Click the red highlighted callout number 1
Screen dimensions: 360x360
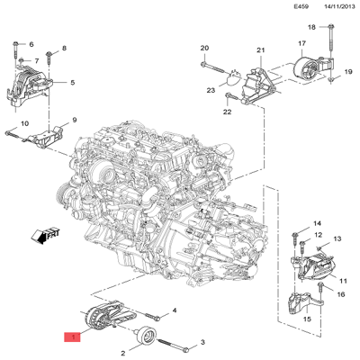70,337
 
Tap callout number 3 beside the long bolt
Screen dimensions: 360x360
203,342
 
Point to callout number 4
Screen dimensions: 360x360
175,310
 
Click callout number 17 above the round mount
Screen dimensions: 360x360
301,43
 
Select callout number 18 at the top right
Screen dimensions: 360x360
311,28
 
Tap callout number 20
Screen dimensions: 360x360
203,48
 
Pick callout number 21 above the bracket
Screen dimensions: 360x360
261,50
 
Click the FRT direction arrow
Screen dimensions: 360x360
41,236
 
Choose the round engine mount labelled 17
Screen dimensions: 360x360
306,70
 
